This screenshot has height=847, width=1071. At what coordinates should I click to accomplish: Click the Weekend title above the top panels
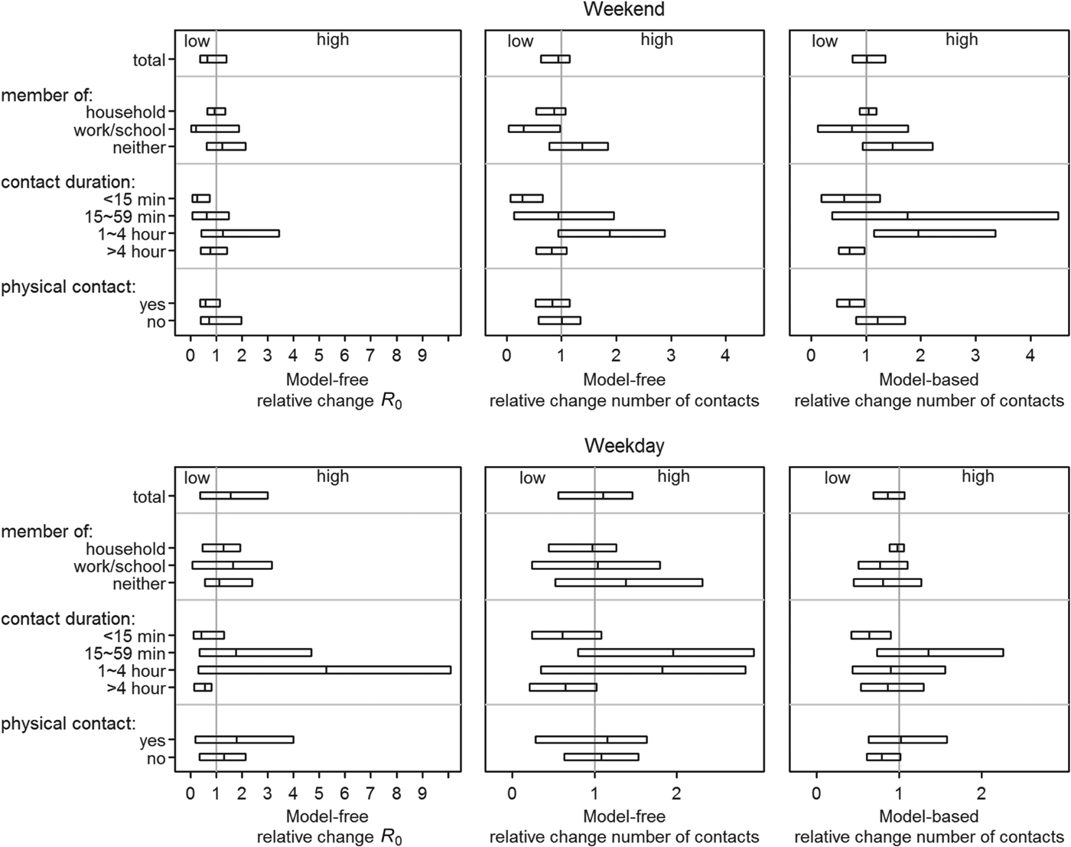[x=623, y=9]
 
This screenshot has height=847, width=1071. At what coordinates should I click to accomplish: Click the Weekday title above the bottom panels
[x=623, y=446]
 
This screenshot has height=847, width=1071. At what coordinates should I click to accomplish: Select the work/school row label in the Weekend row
[x=119, y=130]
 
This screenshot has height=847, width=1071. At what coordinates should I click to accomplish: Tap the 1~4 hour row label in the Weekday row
[x=132, y=671]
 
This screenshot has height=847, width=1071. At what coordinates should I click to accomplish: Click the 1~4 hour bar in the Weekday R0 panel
[x=324, y=670]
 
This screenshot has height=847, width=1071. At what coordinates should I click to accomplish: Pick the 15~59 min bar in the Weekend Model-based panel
[x=945, y=216]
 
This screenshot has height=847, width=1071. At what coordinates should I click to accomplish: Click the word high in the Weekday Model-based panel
[x=978, y=477]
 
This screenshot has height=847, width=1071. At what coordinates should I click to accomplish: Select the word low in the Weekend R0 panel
[x=197, y=41]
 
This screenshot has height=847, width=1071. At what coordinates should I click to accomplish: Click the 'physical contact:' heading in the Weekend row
[x=68, y=287]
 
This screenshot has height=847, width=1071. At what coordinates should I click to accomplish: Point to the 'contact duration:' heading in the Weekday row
[x=68, y=618]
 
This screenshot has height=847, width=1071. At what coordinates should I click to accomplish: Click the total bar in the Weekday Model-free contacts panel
[x=595, y=495]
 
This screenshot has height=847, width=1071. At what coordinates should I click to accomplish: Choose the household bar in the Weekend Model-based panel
[x=868, y=111]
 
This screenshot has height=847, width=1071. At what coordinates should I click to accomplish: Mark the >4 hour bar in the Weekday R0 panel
[x=203, y=687]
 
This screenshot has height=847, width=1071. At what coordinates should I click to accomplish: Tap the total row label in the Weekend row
[x=148, y=60]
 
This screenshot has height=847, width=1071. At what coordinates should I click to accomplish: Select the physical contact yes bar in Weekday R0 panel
[x=244, y=740]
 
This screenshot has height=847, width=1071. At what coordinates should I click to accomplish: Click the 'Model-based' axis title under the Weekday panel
[x=929, y=816]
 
